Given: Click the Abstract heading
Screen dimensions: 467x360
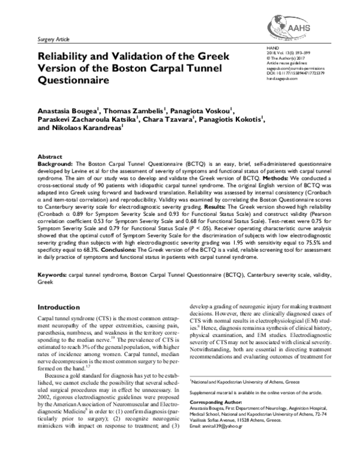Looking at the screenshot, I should point(49,155).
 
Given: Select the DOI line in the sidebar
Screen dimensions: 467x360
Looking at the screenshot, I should point(296,73).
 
